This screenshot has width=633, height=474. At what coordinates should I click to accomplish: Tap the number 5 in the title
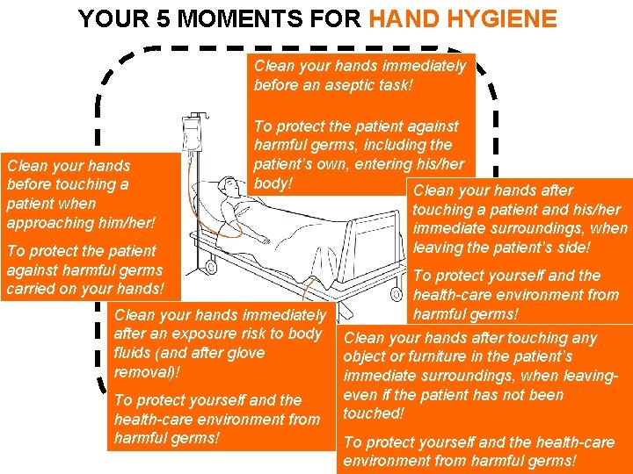pos(163,18)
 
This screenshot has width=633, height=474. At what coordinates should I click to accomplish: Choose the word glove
pos(245,353)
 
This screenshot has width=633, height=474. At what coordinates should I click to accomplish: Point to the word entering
pos(390,164)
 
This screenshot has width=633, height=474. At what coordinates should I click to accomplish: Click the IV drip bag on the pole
pos(192,134)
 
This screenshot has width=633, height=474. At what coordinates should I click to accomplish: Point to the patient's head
pos(228,185)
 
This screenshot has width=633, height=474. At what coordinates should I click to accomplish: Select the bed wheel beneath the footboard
pos(396,293)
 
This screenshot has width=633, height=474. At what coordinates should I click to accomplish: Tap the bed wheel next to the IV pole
pos(211,267)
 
